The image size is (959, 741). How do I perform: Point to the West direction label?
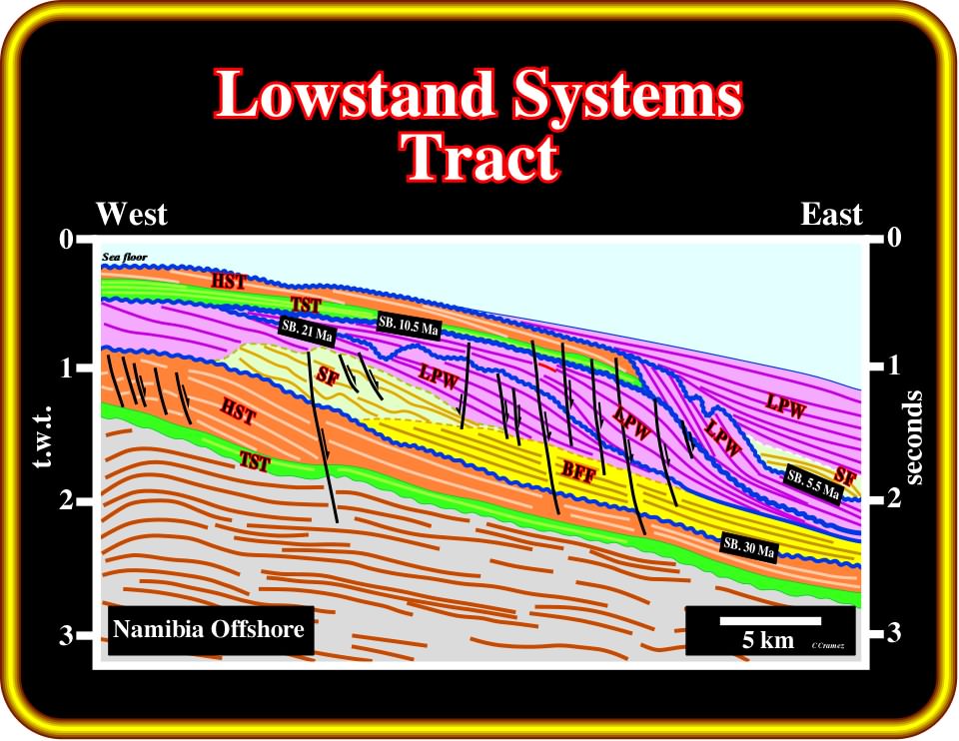coord(132,214)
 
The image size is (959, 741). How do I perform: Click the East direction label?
coord(831,215)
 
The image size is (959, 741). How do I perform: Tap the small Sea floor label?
coord(124,257)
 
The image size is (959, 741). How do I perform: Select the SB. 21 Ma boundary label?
coord(308,331)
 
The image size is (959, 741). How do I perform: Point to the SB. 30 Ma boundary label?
coord(749,546)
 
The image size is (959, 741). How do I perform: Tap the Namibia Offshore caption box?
coord(211,630)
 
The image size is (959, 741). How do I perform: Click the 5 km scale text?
coord(768,640)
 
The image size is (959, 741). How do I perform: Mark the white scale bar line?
coord(770,621)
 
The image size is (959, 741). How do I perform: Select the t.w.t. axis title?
coord(42,436)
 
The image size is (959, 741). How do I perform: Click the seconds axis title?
coord(912,437)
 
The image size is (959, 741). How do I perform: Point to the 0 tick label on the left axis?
coord(66,239)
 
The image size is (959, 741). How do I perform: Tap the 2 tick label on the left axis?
coord(67,501)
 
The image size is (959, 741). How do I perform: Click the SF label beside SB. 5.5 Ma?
coord(845,476)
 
